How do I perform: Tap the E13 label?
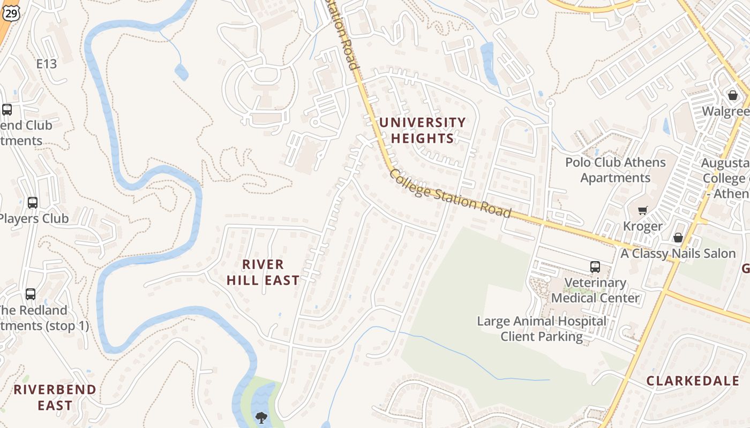coord(47,64)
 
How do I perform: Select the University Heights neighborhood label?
coord(422,131)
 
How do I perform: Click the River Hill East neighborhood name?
coord(263,272)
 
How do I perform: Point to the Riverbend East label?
coord(55,398)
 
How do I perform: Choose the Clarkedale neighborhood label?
coord(693,381)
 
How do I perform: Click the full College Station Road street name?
coord(451,194)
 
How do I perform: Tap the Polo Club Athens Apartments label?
coord(616,170)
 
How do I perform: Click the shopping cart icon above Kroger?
coord(642,210)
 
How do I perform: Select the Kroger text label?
coord(643,226)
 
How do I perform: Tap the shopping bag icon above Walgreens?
coord(732,95)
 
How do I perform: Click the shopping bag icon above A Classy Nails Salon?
coord(678,238)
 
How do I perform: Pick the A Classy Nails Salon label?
coord(678,254)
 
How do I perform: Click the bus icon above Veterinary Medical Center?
coord(595,266)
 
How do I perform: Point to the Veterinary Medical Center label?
coord(596,291)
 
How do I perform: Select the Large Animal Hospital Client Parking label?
coord(542,329)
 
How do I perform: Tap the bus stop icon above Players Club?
coord(33,203)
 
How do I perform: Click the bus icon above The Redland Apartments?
coord(31,294)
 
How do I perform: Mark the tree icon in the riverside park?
coord(261,417)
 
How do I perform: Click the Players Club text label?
coord(34,219)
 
